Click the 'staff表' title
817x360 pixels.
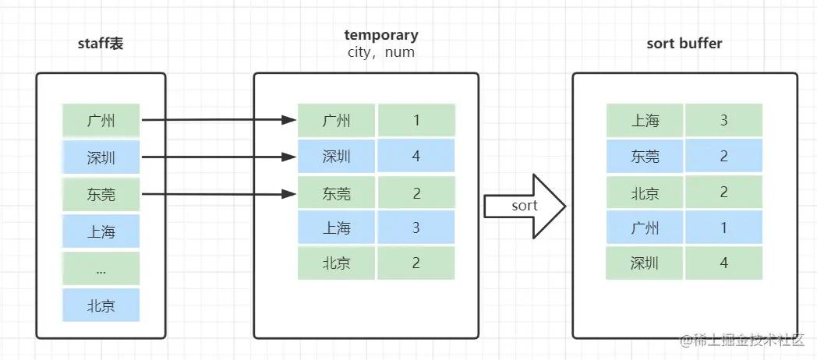tap(101, 44)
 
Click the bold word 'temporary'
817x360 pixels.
tap(380, 35)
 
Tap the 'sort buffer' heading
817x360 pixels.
tap(684, 44)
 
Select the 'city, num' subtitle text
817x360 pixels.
tap(380, 53)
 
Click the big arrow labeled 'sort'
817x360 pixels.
tap(525, 206)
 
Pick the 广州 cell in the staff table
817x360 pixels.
tap(101, 121)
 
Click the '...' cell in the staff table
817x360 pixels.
tap(101, 268)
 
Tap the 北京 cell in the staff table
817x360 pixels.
tap(101, 305)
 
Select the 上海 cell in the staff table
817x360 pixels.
tap(101, 231)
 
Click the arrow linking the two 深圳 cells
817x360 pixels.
tap(218, 157)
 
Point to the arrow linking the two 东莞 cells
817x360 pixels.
tap(218, 193)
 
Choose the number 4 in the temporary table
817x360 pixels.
tap(416, 157)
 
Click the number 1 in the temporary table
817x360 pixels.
tap(416, 121)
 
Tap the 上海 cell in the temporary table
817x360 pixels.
tap(337, 228)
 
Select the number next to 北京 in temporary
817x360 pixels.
tap(416, 263)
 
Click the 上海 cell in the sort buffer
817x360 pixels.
tap(645, 121)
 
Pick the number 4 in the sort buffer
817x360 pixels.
tap(724, 263)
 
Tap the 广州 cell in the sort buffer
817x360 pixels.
tap(645, 228)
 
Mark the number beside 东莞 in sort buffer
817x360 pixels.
tap(724, 157)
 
